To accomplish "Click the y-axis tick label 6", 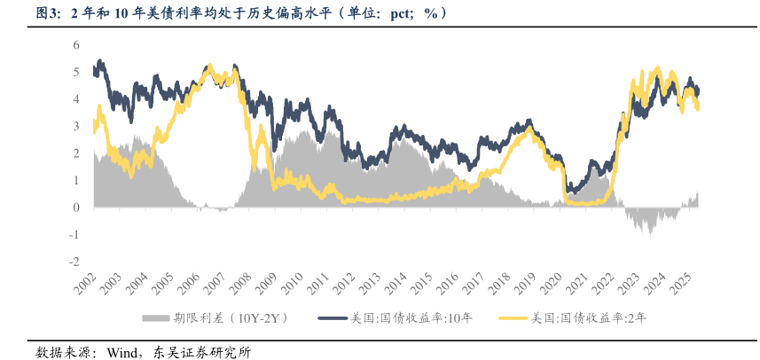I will click(76, 44).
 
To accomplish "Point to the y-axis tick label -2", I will click(74, 262).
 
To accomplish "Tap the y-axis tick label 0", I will click(76, 207).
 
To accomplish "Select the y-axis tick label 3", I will click(76, 126).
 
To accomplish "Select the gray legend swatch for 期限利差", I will click(154, 317).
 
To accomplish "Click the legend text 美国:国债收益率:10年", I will click(410, 317).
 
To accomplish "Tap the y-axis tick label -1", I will click(74, 235).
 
